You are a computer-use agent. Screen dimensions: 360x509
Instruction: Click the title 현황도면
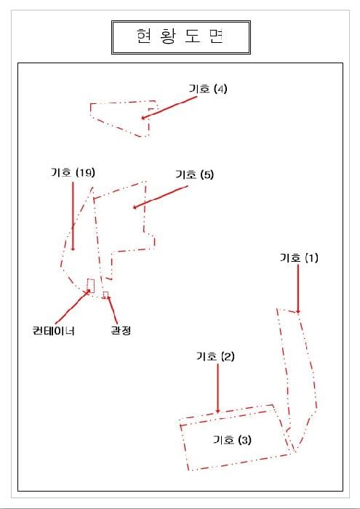tap(180, 36)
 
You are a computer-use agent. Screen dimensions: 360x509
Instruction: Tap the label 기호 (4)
tap(208, 89)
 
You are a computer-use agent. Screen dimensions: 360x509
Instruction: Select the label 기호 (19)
tap(73, 172)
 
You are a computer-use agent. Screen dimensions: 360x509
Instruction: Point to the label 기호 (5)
tap(194, 175)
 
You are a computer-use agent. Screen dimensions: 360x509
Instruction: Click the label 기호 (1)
tap(299, 258)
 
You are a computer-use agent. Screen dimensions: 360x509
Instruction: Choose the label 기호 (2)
tap(215, 356)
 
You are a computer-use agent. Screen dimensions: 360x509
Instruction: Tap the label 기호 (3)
tap(232, 440)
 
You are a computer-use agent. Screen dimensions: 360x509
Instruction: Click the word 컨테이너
tap(54, 331)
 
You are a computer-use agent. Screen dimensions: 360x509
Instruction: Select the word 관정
tap(121, 331)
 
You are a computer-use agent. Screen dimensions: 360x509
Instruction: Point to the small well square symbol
tap(106, 294)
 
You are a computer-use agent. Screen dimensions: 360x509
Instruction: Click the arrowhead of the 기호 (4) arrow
tap(143, 118)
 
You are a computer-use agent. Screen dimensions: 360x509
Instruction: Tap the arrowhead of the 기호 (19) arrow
tap(73, 249)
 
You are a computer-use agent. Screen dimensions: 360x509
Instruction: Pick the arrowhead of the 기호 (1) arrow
tap(298, 311)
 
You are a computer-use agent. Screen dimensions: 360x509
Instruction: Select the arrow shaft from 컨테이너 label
tap(73, 307)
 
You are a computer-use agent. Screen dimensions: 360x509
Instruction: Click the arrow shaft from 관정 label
tap(112, 310)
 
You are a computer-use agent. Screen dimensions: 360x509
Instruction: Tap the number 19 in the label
tap(86, 172)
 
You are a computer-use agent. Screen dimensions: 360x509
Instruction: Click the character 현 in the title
tap(141, 36)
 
